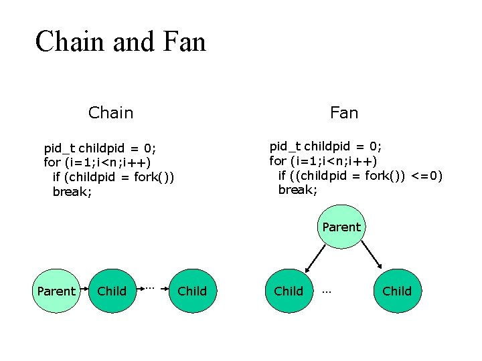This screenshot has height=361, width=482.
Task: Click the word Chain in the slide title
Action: pyautogui.click(x=70, y=41)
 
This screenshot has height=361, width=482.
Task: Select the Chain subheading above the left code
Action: pyautogui.click(x=110, y=113)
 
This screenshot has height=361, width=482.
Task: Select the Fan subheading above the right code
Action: pyautogui.click(x=344, y=113)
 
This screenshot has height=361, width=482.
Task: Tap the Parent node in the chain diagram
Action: pyautogui.click(x=56, y=291)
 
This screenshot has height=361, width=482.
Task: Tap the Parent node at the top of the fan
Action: pyautogui.click(x=341, y=227)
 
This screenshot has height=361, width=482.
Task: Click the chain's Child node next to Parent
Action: pyautogui.click(x=112, y=291)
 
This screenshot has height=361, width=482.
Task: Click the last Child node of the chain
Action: pyautogui.click(x=192, y=291)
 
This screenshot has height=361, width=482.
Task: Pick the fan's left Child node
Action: pyautogui.click(x=289, y=291)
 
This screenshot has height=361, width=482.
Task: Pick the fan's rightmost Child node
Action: pyautogui.click(x=397, y=291)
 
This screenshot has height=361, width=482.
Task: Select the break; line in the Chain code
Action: pyautogui.click(x=72, y=192)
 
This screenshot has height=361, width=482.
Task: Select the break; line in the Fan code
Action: pyautogui.click(x=297, y=190)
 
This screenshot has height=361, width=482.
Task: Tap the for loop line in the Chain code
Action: pyautogui.click(x=97, y=162)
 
